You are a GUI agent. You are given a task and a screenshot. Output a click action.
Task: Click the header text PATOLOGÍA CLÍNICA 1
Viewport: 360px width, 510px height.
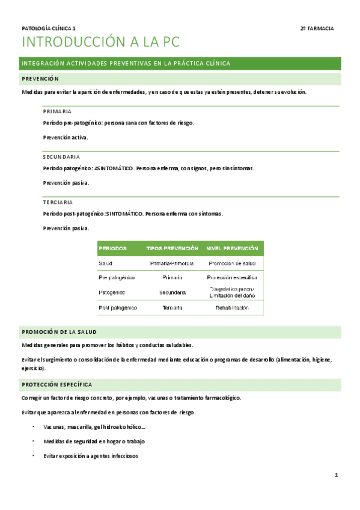(x=49, y=28)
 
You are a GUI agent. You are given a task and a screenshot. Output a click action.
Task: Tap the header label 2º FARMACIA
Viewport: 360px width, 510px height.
(x=317, y=28)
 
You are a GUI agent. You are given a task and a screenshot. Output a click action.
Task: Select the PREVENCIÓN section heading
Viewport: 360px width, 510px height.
(x=40, y=79)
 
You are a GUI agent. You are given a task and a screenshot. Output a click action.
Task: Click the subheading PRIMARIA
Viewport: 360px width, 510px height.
(x=58, y=111)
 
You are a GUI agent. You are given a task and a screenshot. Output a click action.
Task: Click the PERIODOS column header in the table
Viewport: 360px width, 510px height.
(x=112, y=248)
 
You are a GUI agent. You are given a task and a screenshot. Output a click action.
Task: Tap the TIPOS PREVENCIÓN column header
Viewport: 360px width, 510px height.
(x=172, y=248)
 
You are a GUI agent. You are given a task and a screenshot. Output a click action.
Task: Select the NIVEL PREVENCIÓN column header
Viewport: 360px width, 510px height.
(x=232, y=248)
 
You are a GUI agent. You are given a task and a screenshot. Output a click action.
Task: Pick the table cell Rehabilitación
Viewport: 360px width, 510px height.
(x=232, y=308)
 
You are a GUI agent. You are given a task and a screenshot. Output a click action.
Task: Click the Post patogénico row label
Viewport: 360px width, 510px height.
(x=118, y=308)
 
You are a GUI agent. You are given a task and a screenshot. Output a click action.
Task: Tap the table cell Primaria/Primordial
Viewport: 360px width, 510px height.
(x=172, y=263)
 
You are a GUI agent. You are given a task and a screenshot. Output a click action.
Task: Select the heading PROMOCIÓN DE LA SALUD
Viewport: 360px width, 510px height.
(x=59, y=332)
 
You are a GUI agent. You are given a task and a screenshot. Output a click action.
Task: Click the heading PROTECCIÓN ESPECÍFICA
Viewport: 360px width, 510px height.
(x=56, y=384)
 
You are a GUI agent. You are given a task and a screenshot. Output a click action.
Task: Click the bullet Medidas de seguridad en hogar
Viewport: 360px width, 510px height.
(x=94, y=441)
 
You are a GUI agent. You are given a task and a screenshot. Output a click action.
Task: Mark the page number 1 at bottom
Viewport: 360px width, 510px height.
(x=337, y=476)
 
